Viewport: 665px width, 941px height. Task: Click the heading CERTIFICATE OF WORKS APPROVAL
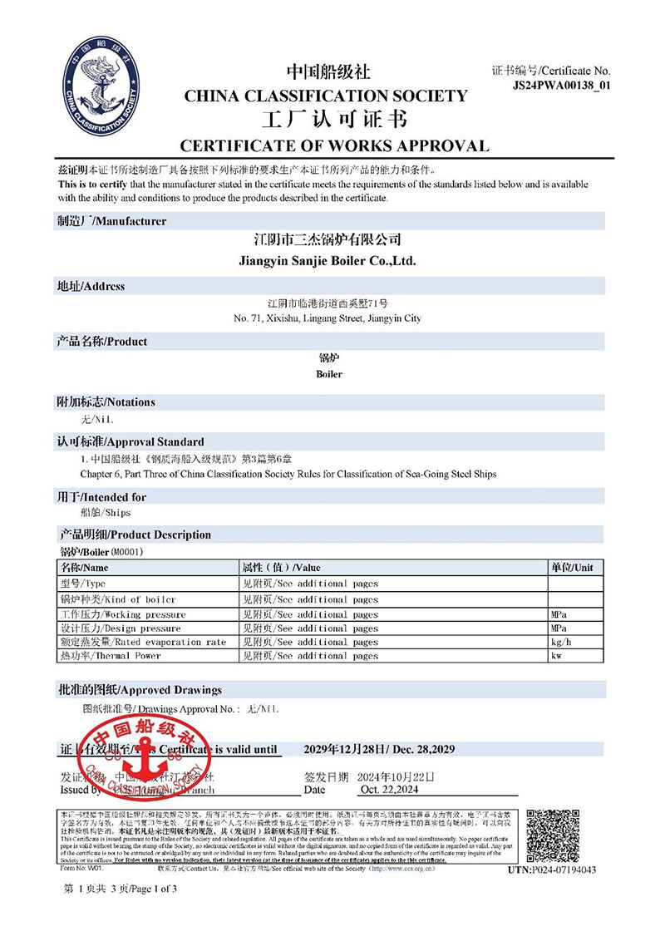click(x=334, y=146)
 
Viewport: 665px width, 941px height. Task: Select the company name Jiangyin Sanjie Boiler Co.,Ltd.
click(x=327, y=261)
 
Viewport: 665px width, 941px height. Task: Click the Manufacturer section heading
click(x=111, y=221)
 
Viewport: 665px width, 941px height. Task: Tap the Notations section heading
click(x=106, y=402)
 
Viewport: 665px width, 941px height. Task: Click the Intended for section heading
click(x=101, y=497)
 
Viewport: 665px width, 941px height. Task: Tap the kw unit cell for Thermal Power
click(x=557, y=657)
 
